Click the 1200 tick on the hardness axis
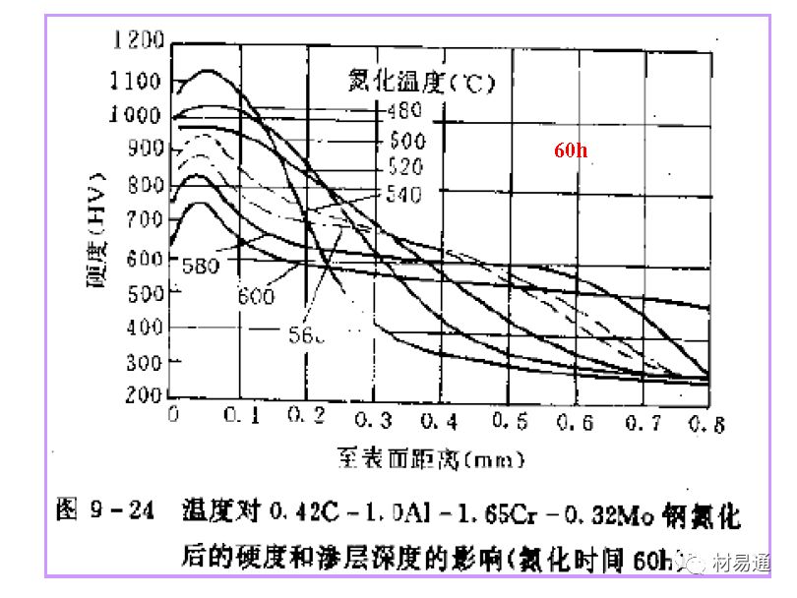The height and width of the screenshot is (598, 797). (137, 40)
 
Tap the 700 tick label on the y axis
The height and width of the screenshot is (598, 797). (145, 219)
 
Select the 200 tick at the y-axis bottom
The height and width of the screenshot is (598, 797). (145, 395)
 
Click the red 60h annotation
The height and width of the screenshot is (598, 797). (573, 149)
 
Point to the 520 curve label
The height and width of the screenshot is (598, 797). (405, 165)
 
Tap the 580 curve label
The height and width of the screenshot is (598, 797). (202, 265)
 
